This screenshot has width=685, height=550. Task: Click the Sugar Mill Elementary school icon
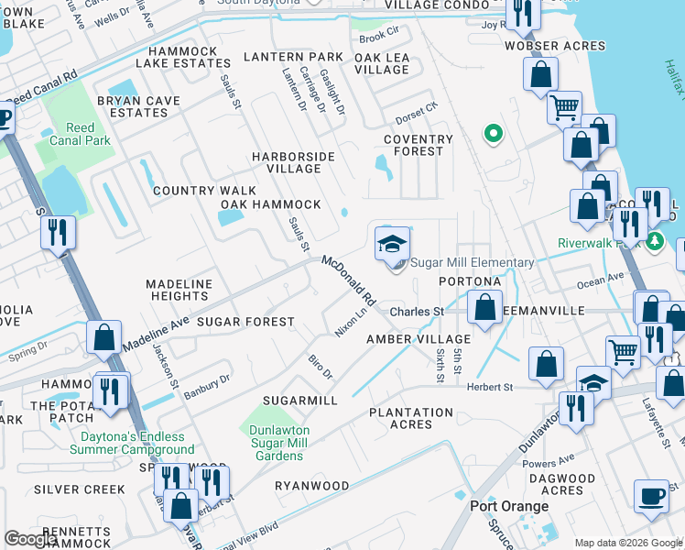tap(391, 245)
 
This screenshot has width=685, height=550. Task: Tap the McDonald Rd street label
tap(349, 280)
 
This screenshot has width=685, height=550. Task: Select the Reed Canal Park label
tap(81, 134)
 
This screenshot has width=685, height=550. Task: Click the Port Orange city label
tap(509, 506)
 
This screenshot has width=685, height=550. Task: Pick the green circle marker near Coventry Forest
tap(494, 135)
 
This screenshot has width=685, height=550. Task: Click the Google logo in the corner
tap(31, 538)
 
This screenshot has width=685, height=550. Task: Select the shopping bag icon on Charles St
tap(485, 307)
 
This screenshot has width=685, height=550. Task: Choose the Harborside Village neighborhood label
tap(300, 162)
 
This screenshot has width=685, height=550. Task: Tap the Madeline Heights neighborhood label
tap(179, 291)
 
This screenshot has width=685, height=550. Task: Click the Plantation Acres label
tap(411, 418)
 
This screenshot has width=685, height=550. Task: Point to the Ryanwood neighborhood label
tap(312, 485)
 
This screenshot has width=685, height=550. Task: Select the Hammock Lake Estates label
tap(183, 58)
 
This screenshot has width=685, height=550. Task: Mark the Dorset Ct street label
tap(417, 118)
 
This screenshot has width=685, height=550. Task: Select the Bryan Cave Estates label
tap(132, 105)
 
